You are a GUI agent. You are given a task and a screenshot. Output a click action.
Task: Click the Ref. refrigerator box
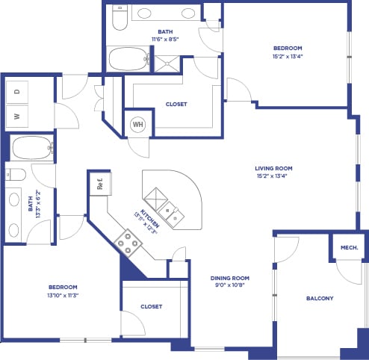pyautogui.click(x=98, y=183)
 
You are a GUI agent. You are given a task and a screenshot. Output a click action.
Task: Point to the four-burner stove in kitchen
pyautogui.click(x=128, y=242)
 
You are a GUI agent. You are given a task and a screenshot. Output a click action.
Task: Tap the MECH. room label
pyautogui.click(x=349, y=247)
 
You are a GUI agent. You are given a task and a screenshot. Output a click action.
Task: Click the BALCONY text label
pyautogui.click(x=320, y=299)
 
